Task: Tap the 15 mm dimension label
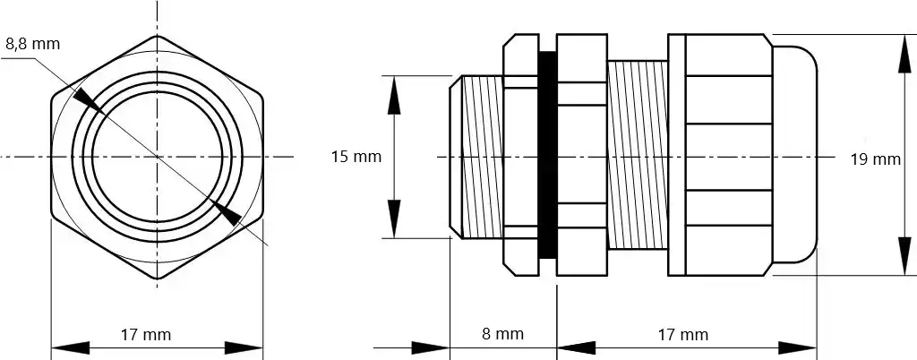[356, 157]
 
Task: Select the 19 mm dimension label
[874, 159]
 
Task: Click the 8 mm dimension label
[501, 334]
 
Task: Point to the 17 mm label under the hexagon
[145, 335]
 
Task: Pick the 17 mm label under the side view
[682, 335]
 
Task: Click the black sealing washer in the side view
[546, 157]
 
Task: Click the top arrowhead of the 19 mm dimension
[903, 52]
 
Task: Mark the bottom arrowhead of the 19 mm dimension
[903, 260]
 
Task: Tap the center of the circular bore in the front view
[157, 157]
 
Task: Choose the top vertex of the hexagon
[157, 36]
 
